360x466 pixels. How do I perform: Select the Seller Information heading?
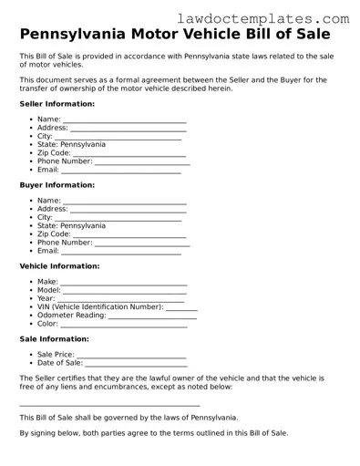pyautogui.click(x=57, y=104)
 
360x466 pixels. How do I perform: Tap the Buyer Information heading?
pyautogui.click(x=57, y=185)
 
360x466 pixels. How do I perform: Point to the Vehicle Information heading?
pyautogui.click(x=59, y=266)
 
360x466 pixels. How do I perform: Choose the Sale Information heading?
pyautogui.click(x=54, y=338)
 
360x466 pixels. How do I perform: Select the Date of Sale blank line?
pyautogui.click(x=135, y=364)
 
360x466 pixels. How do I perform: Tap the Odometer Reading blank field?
pyautogui.click(x=152, y=316)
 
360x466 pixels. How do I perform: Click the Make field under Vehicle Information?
pyautogui.click(x=124, y=283)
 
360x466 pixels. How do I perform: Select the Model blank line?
pyautogui.click(x=126, y=291)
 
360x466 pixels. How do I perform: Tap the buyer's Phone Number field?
pyautogui.click(x=142, y=243)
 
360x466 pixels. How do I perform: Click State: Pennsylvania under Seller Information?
pyautogui.click(x=71, y=144)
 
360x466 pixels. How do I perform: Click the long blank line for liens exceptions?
pyautogui.click(x=109, y=404)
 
